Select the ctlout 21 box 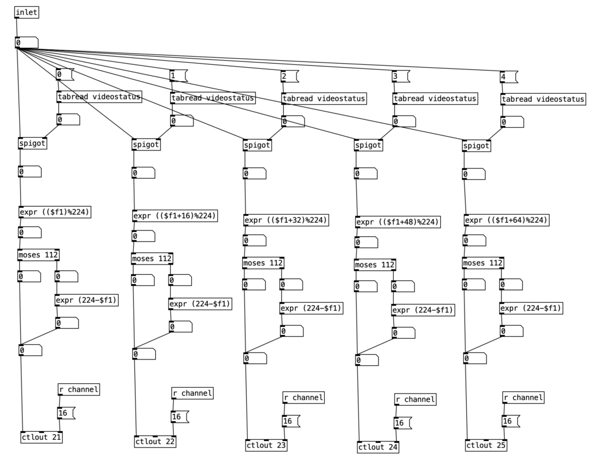click(41, 437)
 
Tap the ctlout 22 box click(155, 442)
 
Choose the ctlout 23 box click(266, 446)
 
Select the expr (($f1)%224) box click(55, 212)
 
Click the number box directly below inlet click(27, 43)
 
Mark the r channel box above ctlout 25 click(523, 398)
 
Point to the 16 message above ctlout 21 click(65, 413)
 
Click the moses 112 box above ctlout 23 click(263, 263)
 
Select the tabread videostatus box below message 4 click(543, 100)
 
